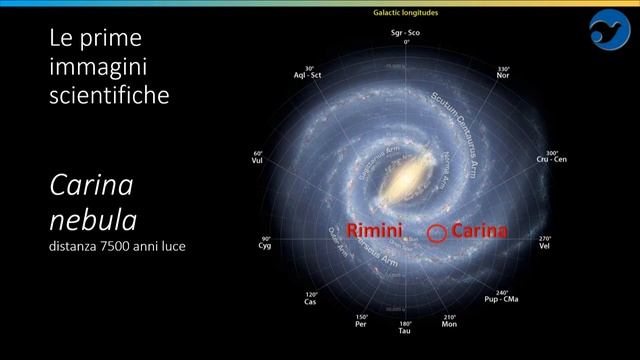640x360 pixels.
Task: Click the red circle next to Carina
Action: [436, 233]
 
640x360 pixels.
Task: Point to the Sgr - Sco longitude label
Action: [406, 35]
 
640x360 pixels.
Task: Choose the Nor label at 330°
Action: [504, 75]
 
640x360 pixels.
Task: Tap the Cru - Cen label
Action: [551, 159]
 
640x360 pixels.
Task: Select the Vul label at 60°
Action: [258, 159]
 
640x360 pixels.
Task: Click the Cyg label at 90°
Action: [265, 245]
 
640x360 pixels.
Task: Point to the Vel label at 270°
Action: [545, 245]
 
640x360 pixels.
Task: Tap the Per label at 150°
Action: [361, 324]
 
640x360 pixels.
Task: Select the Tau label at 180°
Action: [405, 329]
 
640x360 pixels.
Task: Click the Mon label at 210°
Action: [449, 324]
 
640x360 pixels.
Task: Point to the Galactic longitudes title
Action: [406, 12]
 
